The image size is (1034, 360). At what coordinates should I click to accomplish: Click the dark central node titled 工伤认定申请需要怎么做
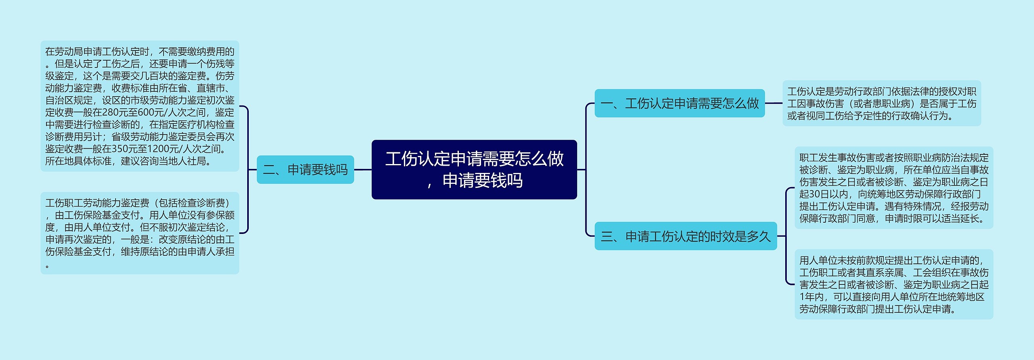[x=474, y=169]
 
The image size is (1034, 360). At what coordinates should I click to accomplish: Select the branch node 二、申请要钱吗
[x=305, y=170]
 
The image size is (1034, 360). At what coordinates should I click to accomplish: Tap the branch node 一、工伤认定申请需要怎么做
[x=679, y=103]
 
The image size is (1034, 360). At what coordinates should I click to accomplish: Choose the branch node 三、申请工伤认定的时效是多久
[x=685, y=236]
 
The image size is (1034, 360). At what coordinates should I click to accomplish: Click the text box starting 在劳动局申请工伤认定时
[x=140, y=106]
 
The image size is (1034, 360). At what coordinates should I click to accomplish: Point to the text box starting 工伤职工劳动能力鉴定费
[x=140, y=233]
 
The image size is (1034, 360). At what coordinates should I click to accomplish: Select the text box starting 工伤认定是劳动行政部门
[x=881, y=103]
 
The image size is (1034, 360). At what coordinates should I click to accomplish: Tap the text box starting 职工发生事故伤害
[x=893, y=188]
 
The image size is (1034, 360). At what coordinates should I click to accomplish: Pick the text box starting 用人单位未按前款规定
[x=893, y=284]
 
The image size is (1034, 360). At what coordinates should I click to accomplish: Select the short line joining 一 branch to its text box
[x=773, y=103]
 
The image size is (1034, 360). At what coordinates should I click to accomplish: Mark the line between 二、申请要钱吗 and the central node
[x=363, y=170]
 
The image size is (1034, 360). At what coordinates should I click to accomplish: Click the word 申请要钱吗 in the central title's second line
[x=483, y=181]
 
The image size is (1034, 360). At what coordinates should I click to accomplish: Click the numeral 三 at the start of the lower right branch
[x=607, y=236]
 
